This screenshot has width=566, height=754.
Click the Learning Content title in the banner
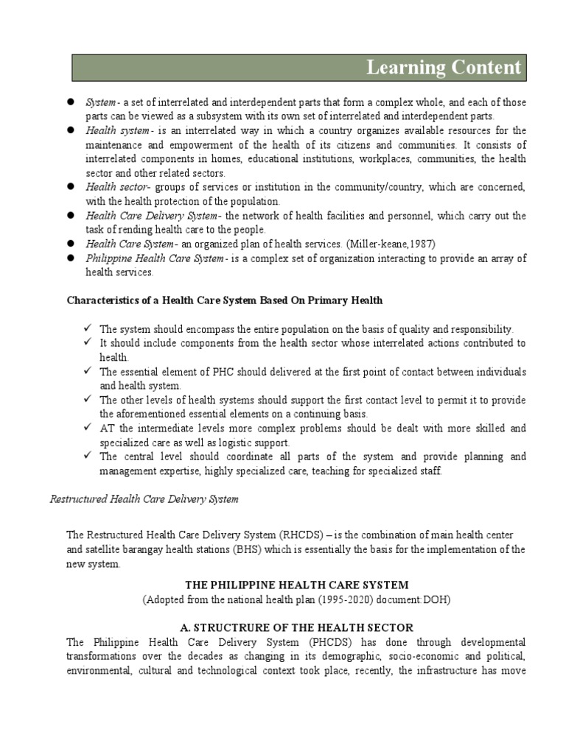click(x=444, y=68)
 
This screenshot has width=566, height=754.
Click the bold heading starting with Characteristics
click(x=225, y=300)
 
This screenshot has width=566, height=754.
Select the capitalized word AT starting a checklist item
click(x=108, y=428)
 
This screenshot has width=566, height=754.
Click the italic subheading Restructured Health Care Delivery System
click(x=144, y=498)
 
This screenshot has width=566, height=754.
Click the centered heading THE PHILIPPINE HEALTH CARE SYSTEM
click(x=296, y=585)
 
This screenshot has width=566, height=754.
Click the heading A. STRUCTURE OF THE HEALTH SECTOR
click(x=297, y=627)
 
